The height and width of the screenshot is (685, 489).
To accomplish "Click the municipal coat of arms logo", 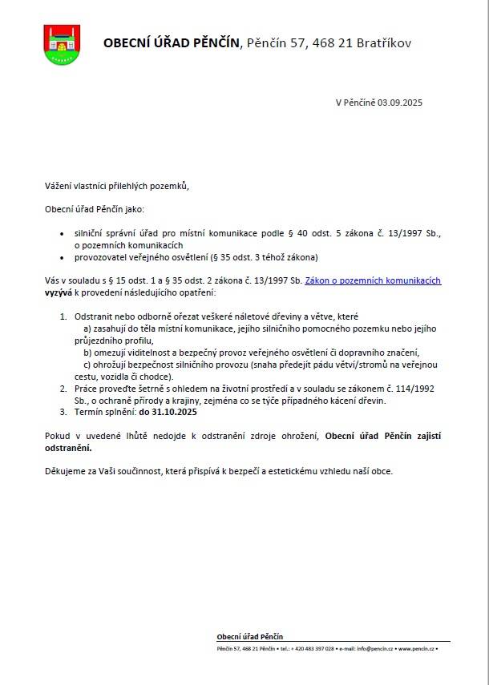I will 61,45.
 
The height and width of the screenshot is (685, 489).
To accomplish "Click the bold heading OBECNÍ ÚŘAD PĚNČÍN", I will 171,43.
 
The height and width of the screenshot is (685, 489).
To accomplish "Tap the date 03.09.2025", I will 400,103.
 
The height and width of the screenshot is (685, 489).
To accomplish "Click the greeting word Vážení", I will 59,186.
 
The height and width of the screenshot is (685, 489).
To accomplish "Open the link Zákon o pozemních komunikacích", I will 373,280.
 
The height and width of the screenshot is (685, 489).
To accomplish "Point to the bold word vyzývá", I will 59,293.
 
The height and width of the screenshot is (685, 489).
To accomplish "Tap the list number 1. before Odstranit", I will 64,317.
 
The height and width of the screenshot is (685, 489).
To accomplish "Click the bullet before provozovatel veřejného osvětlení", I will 64,257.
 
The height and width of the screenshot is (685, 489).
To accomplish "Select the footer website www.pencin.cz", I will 415,647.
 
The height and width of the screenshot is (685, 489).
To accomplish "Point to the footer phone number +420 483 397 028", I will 313,647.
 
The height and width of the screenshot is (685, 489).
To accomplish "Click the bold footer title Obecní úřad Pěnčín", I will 249,636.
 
